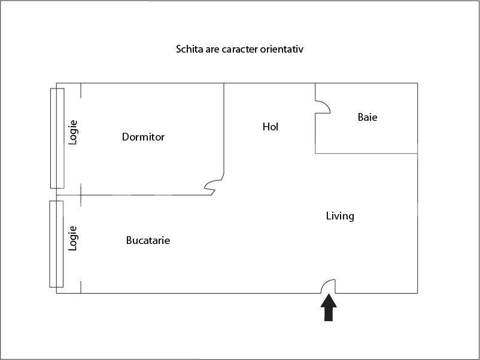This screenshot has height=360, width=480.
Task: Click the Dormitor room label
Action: tap(143, 137)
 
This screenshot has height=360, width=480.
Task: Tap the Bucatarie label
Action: tap(148, 240)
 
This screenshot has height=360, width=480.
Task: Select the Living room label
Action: tap(340, 216)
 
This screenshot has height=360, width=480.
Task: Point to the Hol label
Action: tap(271, 127)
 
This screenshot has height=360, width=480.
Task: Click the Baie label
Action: tap(367, 117)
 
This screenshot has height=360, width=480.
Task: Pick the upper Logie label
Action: tap(73, 133)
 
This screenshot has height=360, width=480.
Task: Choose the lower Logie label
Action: tap(73, 237)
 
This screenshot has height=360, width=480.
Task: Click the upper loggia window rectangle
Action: tap(57, 138)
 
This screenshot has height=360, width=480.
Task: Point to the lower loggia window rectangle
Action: tap(56, 243)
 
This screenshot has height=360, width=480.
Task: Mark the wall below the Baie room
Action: tap(366, 154)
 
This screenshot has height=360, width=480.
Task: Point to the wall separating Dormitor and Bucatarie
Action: tap(144, 195)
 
